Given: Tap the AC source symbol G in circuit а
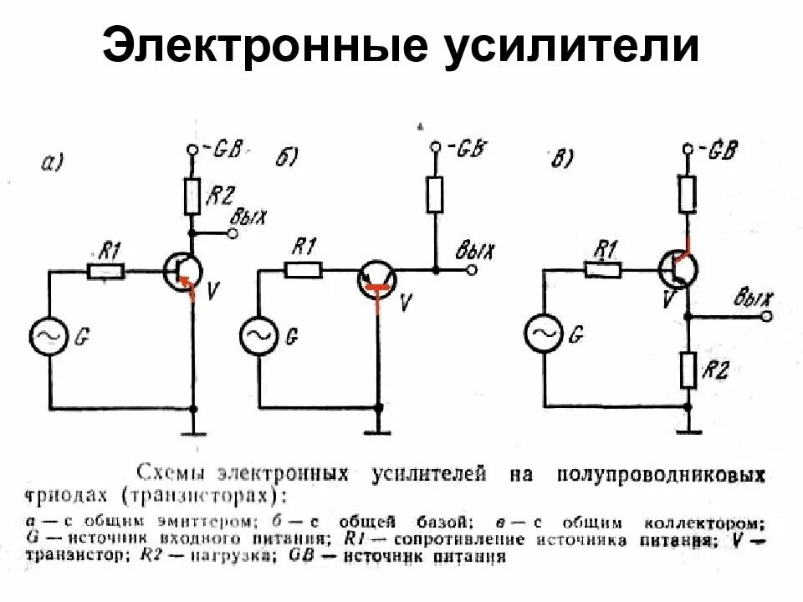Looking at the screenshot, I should [48, 336].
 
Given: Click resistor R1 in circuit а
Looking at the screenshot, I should [106, 270].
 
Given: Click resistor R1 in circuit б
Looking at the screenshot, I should [303, 270].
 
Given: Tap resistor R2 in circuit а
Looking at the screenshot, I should [192, 196].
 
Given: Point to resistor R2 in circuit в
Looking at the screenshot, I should [688, 370].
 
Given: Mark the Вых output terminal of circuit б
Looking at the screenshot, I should [473, 270].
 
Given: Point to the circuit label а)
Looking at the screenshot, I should [52, 163].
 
